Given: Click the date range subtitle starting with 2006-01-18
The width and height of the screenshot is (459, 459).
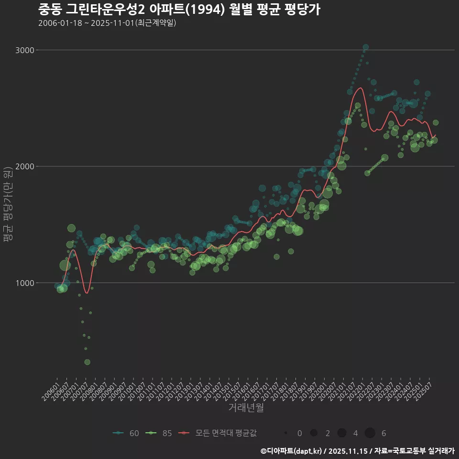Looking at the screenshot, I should (x=107, y=23).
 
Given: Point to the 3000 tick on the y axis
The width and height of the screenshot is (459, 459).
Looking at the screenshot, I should (x=24, y=50).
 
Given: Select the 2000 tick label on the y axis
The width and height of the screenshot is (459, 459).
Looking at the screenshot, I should (x=24, y=166).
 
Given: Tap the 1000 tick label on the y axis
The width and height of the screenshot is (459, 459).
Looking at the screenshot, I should (x=24, y=283).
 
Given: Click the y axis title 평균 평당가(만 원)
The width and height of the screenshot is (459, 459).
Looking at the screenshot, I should (x=8, y=206).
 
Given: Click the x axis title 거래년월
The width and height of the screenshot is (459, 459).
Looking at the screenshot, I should (x=246, y=408).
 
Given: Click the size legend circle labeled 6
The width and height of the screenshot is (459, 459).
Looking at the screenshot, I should (x=370, y=433).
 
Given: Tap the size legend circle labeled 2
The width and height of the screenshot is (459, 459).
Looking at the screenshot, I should (x=314, y=433).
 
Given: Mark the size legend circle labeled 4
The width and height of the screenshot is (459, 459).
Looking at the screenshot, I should (x=341, y=433).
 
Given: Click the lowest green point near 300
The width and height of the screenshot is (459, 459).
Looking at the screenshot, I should (x=87, y=362).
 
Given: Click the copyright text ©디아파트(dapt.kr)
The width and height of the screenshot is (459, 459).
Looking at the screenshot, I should (x=294, y=451).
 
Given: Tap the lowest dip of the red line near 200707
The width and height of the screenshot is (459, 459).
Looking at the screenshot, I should (x=86, y=293).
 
